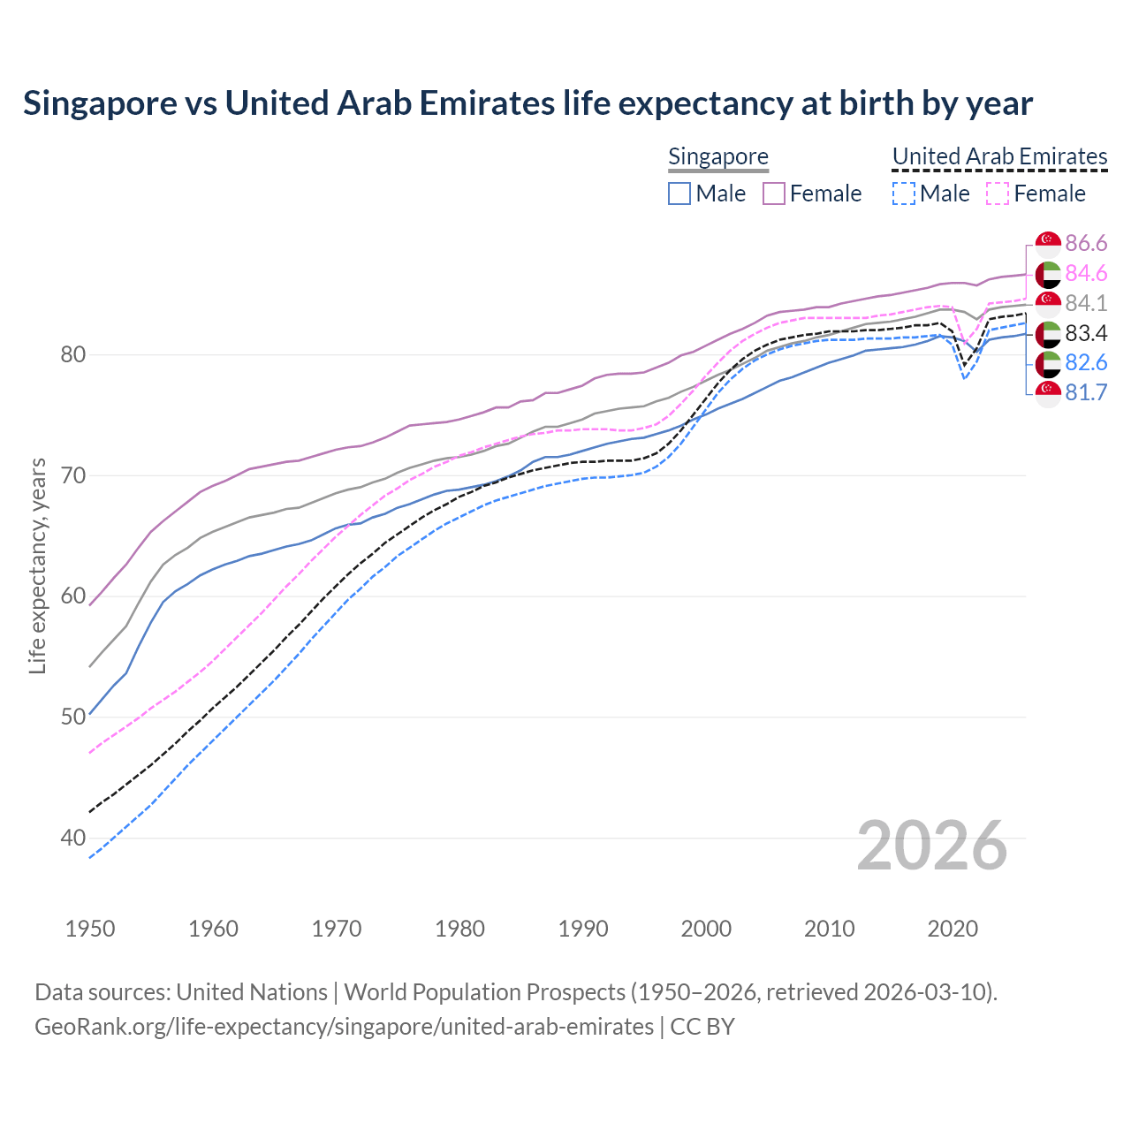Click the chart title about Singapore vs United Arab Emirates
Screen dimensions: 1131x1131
click(528, 103)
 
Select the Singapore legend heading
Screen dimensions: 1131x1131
click(717, 156)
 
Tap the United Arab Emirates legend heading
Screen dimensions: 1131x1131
click(999, 156)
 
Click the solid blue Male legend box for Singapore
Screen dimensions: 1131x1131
click(679, 194)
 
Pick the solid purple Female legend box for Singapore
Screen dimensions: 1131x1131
click(774, 194)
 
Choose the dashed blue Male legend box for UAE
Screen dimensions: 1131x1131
click(903, 194)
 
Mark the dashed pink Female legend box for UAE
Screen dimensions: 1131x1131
click(998, 194)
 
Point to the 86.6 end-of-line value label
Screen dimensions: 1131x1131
click(1086, 244)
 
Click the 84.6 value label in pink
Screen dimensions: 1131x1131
click(1086, 274)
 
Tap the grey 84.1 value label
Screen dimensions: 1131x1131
click(1086, 304)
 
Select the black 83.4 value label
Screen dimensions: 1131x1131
click(1086, 333)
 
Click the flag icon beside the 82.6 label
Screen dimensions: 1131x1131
click(1048, 363)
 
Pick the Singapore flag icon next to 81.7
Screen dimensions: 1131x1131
click(1048, 393)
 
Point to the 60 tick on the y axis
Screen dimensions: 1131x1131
click(73, 596)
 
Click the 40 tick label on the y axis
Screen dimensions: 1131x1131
click(73, 838)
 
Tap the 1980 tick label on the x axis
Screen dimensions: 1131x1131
click(459, 929)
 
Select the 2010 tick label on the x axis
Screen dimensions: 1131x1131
click(829, 929)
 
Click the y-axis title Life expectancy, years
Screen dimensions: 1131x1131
click(38, 565)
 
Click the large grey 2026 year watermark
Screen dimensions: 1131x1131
click(931, 846)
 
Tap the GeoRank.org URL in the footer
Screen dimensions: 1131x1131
click(344, 1027)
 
